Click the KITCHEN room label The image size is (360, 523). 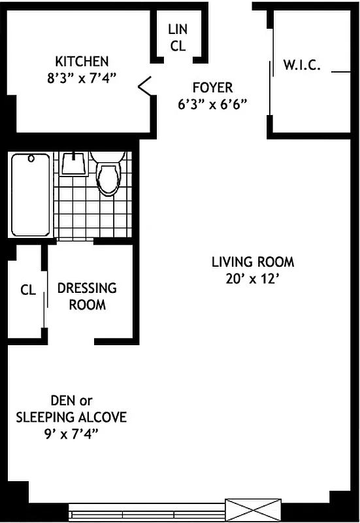[82, 61]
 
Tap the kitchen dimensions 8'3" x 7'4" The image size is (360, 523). [82, 76]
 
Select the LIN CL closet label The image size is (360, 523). [178, 37]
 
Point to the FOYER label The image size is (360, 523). [212, 88]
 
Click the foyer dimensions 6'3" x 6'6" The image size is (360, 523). [212, 103]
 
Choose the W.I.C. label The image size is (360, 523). [301, 65]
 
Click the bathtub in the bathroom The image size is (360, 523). [30, 194]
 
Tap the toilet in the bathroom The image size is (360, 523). [108, 171]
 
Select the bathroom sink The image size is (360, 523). [74, 163]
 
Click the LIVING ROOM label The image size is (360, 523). [253, 262]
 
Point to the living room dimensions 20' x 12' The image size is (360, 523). [253, 278]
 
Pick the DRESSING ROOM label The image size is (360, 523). [87, 296]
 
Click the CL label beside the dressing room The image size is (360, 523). [27, 290]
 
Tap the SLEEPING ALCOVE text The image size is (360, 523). [71, 417]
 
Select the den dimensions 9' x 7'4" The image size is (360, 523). [71, 433]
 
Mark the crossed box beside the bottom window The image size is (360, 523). [253, 509]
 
